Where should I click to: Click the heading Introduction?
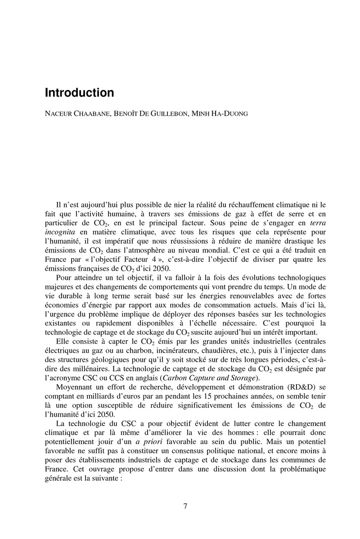[79, 93]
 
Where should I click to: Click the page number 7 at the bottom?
[185, 506]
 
